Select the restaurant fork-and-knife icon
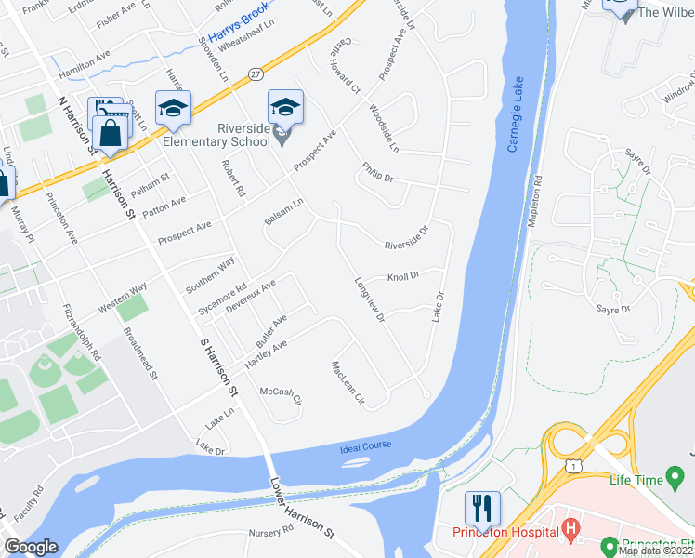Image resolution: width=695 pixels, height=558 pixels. (482, 508)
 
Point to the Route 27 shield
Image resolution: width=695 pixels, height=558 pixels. (256, 73)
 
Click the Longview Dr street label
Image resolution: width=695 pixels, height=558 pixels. (369, 299)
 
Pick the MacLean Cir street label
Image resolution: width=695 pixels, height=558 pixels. (346, 384)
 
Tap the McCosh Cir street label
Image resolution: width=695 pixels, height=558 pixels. (281, 396)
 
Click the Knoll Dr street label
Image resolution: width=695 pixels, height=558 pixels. (403, 276)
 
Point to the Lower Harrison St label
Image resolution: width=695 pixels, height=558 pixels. (302, 508)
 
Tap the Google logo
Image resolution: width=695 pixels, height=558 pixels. (31, 547)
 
